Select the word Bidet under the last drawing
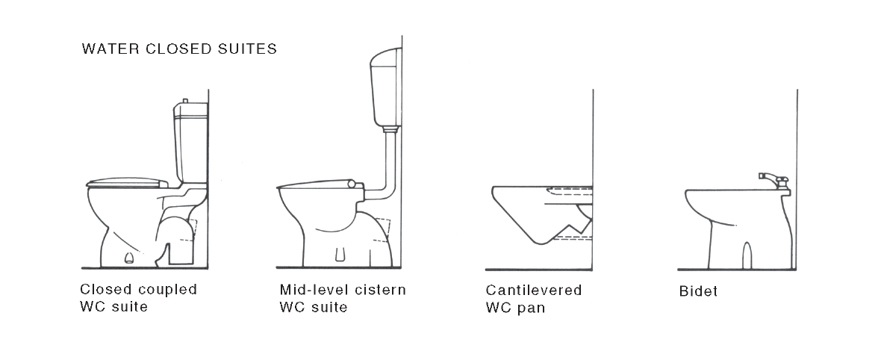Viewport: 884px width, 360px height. tap(699, 291)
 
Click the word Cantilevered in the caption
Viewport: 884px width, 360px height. tap(533, 290)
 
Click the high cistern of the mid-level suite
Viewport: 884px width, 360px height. tap(385, 87)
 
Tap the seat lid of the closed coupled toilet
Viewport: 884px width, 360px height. tap(128, 182)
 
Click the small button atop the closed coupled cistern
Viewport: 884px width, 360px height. tap(185, 101)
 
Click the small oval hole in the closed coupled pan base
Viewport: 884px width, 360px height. tap(129, 258)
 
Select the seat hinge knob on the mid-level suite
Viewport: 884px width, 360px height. tap(351, 184)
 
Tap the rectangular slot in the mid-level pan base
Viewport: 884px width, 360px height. tap(340, 255)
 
